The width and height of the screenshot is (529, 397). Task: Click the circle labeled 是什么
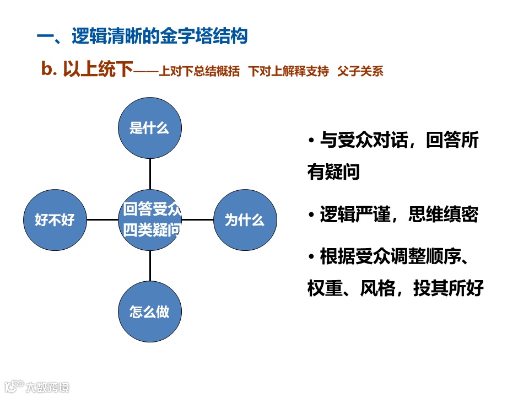150,127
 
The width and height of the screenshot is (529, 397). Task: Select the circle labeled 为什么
244,219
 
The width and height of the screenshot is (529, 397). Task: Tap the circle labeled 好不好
55,219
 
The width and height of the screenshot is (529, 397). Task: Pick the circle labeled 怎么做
150,312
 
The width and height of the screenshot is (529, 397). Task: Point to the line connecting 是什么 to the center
150,174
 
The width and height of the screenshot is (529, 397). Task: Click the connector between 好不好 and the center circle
102,219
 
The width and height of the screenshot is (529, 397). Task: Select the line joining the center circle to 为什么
197,219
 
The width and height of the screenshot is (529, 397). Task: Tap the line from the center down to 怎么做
150,266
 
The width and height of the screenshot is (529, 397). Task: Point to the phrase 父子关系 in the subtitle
361,71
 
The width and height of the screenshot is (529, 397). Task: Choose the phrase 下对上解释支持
288,71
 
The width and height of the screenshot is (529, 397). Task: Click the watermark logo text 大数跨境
48,387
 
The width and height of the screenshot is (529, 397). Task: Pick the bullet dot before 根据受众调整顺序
312,256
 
